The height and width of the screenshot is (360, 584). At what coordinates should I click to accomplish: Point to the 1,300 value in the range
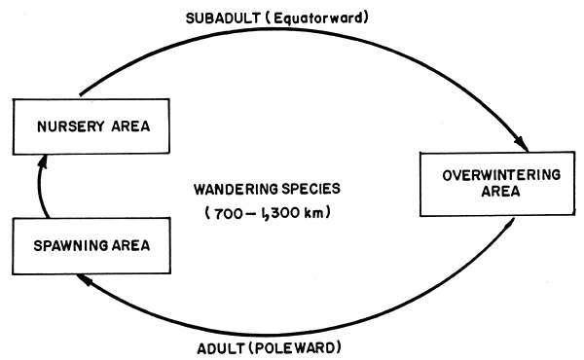click(284, 213)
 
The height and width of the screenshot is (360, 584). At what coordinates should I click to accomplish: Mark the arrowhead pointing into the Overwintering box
click(524, 145)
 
